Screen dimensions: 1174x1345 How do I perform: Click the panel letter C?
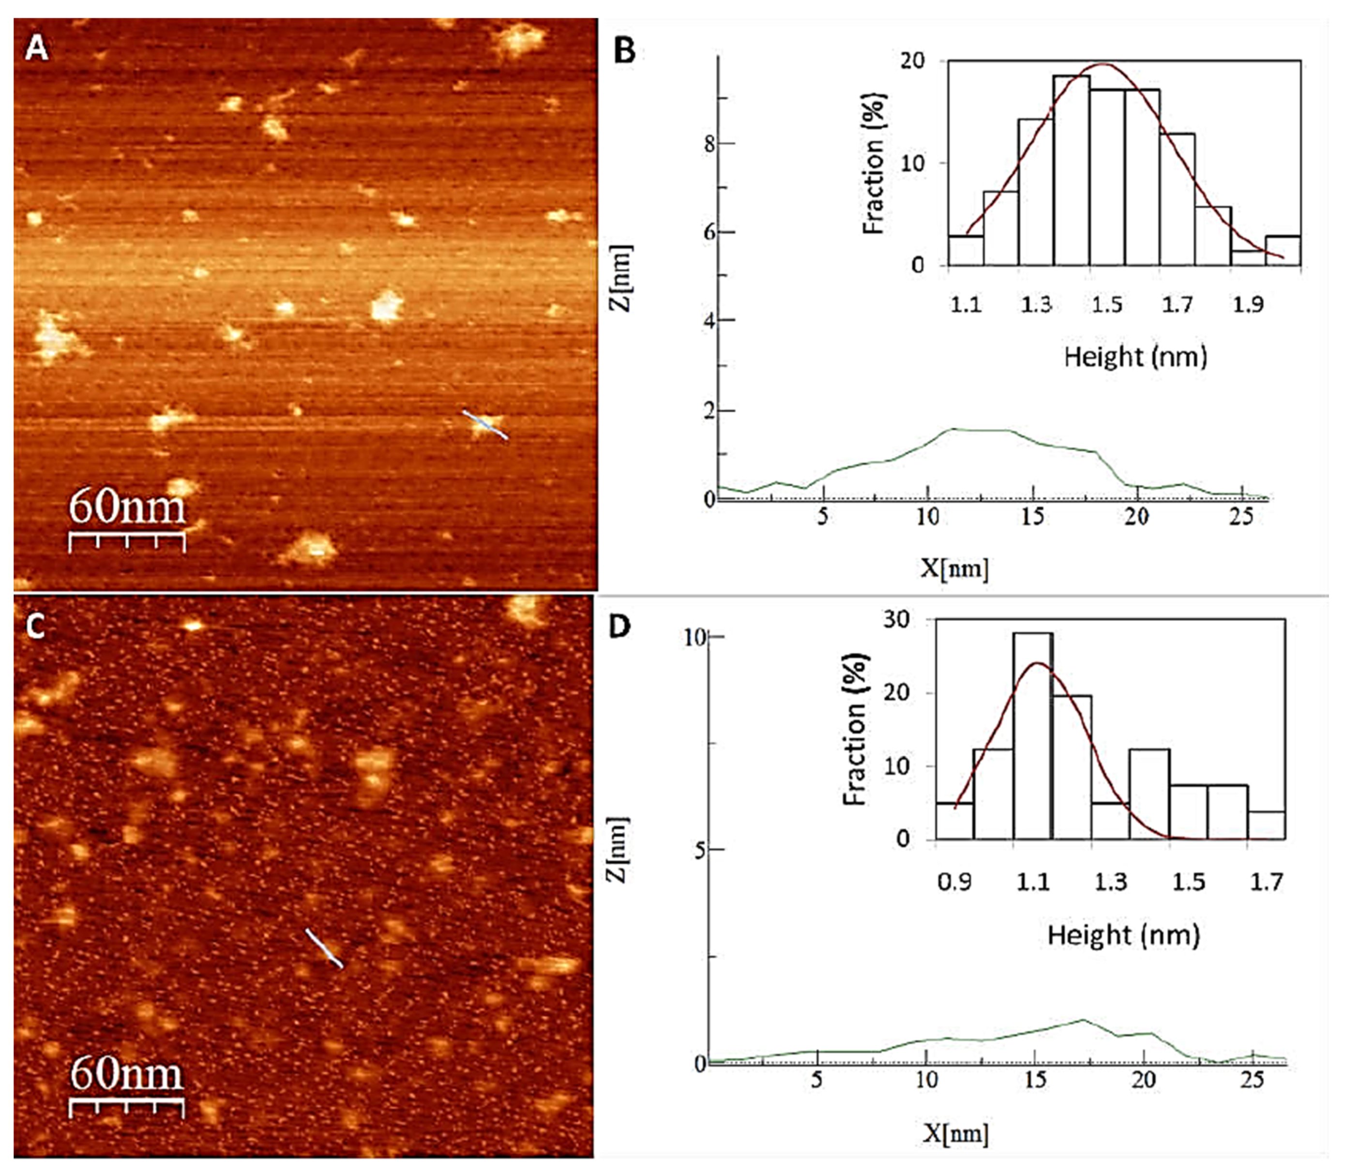[x=34, y=627]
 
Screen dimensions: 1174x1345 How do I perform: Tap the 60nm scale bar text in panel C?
[x=126, y=1074]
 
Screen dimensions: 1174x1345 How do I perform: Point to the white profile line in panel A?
[x=485, y=424]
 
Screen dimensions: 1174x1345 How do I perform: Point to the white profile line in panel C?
[x=324, y=948]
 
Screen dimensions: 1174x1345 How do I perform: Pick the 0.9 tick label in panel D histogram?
[x=954, y=883]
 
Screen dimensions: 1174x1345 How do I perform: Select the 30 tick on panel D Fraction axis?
[x=896, y=620]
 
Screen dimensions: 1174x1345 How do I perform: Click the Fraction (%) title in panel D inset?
[x=855, y=729]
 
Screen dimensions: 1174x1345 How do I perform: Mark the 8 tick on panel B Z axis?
[x=710, y=144]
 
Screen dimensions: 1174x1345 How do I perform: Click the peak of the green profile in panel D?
[x=1082, y=1020]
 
